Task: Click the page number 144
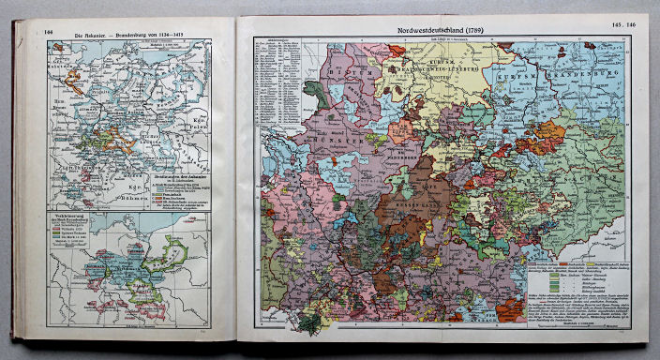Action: coord(49,32)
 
